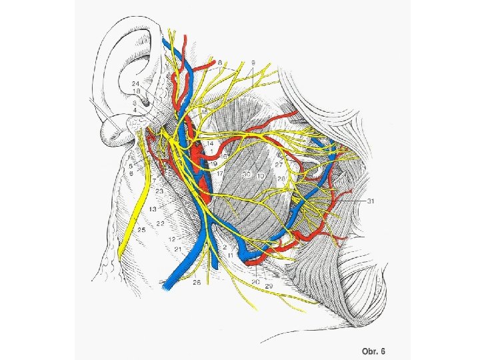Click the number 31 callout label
(x=371, y=201)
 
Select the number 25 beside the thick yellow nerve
(x=141, y=230)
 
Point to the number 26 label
(x=197, y=283)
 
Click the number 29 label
(x=269, y=285)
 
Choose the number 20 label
(x=255, y=281)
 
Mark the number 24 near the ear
(x=135, y=83)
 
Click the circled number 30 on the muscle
(x=247, y=174)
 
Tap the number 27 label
(x=280, y=163)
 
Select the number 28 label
(x=281, y=179)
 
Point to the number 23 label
(x=160, y=191)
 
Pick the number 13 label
(x=153, y=209)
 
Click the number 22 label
(x=161, y=224)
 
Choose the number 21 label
(x=178, y=249)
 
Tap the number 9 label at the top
(x=254, y=63)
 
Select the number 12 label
(x=171, y=239)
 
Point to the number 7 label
(x=154, y=181)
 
